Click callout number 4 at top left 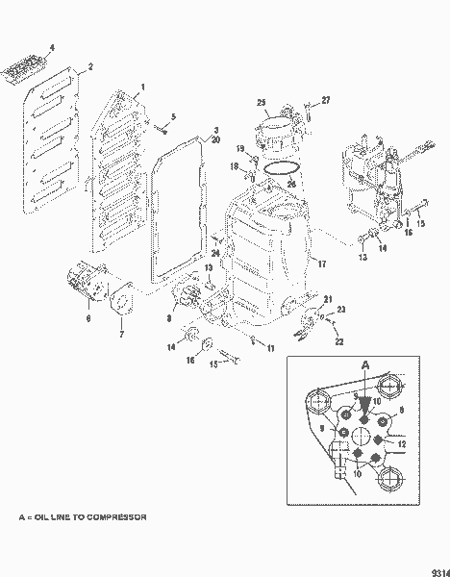(52, 47)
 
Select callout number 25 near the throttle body (261, 102)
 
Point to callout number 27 (325, 100)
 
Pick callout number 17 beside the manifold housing (322, 263)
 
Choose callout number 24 (216, 254)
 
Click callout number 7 (121, 335)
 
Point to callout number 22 (337, 341)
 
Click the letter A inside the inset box (363, 365)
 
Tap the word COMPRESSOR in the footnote (113, 517)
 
